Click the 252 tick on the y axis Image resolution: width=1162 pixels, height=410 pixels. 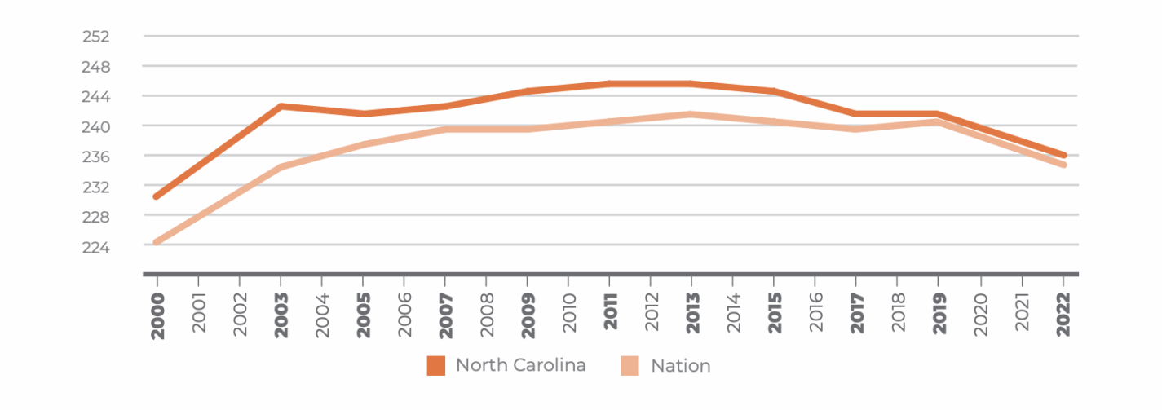pos(96,37)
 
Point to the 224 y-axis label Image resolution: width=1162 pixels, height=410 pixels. pos(96,246)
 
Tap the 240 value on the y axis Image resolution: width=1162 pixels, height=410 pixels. pos(96,126)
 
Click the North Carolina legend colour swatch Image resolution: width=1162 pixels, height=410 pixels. pos(436,366)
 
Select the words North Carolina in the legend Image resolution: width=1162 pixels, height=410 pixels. pos(520,365)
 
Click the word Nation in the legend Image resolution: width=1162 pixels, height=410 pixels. pos(680,366)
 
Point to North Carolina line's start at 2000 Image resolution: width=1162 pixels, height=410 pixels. pos(157,196)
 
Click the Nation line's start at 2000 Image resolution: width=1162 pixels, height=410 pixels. pos(157,242)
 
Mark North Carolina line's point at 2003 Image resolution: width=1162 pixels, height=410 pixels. pos(281,106)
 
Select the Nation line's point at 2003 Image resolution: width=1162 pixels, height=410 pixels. pos(281,167)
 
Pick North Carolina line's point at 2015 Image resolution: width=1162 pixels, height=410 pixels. pos(775,91)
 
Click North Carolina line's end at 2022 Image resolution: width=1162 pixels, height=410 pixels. pos(1063,156)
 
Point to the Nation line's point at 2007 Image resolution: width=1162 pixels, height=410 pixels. pos(445,129)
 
